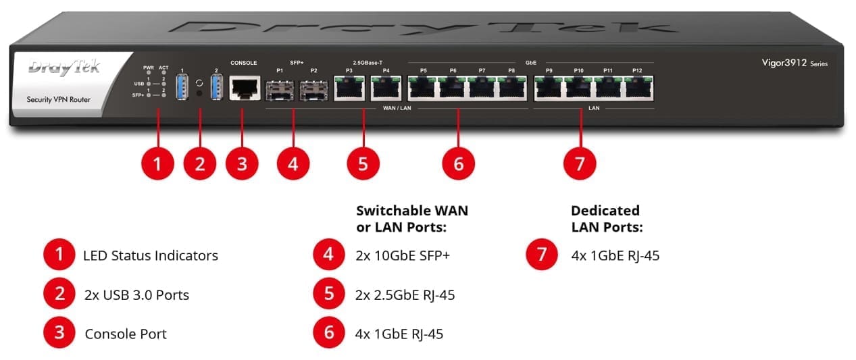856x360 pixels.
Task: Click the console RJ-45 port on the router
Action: click(245, 88)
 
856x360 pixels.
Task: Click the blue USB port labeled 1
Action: click(180, 88)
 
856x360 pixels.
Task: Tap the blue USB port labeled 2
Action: click(217, 88)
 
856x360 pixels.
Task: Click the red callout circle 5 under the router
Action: click(363, 163)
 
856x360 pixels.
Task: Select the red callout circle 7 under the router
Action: click(580, 163)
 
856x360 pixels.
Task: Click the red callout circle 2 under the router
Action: click(199, 163)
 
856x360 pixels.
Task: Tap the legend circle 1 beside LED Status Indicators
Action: click(60, 255)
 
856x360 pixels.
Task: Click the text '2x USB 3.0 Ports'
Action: click(136, 295)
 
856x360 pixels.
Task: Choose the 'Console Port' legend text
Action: click(126, 334)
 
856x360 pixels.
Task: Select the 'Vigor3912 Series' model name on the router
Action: click(794, 63)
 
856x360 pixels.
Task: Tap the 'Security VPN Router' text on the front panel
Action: click(58, 100)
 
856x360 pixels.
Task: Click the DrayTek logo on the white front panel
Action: click(64, 68)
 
